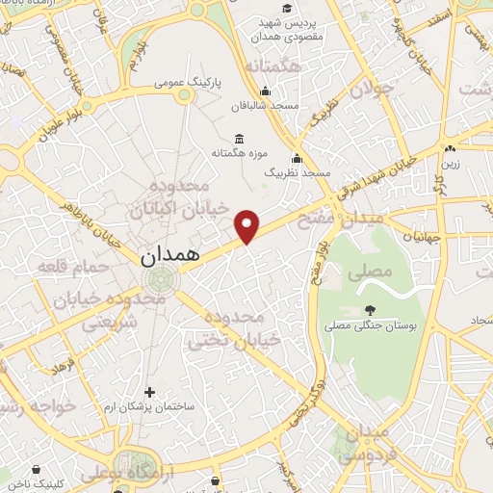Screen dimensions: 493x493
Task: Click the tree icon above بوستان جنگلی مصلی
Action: point(371,310)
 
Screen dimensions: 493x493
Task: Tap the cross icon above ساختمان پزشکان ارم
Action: point(148,392)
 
